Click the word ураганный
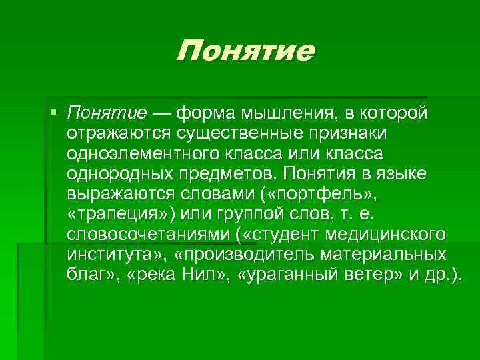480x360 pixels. (318, 277)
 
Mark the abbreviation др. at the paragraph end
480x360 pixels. (442, 277)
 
